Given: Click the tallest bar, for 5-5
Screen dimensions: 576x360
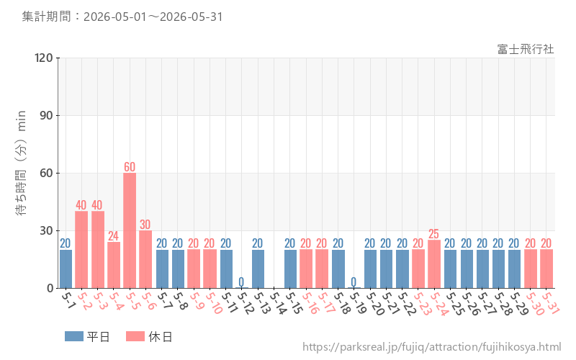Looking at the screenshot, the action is pyautogui.click(x=130, y=230).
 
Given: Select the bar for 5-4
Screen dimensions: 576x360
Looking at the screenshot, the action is pyautogui.click(x=114, y=265).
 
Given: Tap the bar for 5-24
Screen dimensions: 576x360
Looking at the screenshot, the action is pyautogui.click(x=434, y=264).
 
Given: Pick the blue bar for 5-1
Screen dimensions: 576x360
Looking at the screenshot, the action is pyautogui.click(x=66, y=269).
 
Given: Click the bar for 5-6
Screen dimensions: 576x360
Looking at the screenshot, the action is pyautogui.click(x=145, y=259).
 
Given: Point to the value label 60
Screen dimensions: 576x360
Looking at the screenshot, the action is pyautogui.click(x=130, y=167).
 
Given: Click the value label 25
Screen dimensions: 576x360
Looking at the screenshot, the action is pyautogui.click(x=434, y=234).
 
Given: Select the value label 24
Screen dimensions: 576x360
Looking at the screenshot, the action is pyautogui.click(x=114, y=236).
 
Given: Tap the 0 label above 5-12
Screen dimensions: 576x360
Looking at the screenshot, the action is pyautogui.click(x=241, y=282).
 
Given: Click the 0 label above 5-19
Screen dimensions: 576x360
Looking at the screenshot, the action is pyautogui.click(x=354, y=282).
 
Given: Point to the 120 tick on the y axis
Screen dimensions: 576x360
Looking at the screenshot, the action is pyautogui.click(x=44, y=58).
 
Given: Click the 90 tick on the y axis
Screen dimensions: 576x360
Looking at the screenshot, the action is pyautogui.click(x=46, y=116).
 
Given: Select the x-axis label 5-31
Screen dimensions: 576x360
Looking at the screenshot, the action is pyautogui.click(x=551, y=303).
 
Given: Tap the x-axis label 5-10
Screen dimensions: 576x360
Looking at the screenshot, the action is pyautogui.click(x=214, y=303).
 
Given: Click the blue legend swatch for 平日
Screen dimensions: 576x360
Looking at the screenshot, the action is pyautogui.click(x=74, y=336).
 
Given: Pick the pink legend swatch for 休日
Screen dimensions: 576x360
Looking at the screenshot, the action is pyautogui.click(x=135, y=336).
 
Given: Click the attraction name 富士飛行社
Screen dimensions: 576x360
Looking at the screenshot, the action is pyautogui.click(x=526, y=49).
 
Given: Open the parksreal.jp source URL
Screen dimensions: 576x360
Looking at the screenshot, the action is pyautogui.click(x=431, y=347).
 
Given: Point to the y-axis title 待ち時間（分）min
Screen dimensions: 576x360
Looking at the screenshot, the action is pyautogui.click(x=21, y=163).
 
